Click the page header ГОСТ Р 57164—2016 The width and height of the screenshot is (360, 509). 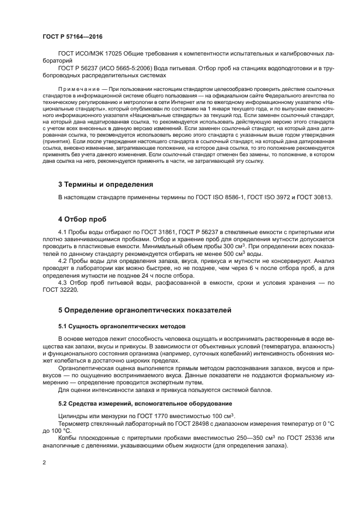(72, 36)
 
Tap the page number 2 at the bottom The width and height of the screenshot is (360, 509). (44, 463)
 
